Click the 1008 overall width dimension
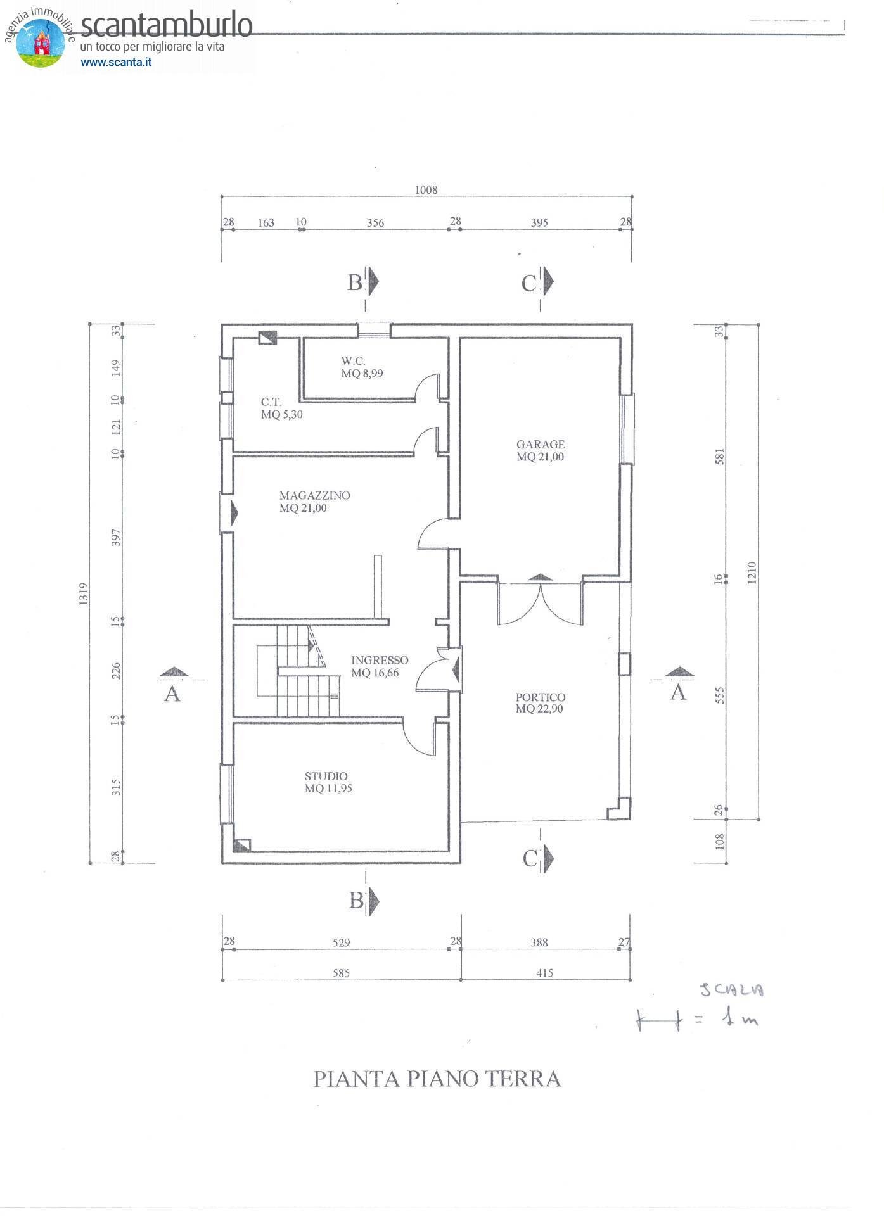(x=426, y=189)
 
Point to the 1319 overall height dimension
(x=84, y=593)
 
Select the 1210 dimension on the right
(x=752, y=573)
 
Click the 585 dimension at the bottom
(x=341, y=973)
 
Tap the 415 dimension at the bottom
(x=544, y=973)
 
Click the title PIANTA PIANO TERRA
(x=437, y=1079)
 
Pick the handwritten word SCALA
(x=732, y=990)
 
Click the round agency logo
(x=41, y=42)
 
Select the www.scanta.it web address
(x=116, y=62)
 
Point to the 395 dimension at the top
(x=539, y=222)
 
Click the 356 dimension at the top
(x=375, y=222)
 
